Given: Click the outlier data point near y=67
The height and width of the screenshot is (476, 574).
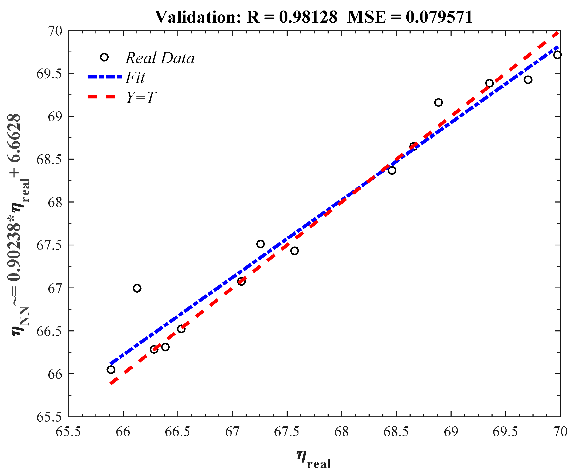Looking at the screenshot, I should (x=137, y=288).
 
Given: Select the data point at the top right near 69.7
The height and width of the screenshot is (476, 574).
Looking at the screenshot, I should (x=557, y=55).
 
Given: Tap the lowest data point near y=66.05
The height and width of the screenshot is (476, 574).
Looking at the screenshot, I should (x=111, y=370).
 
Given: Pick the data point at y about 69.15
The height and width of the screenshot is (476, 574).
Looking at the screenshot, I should (x=438, y=102).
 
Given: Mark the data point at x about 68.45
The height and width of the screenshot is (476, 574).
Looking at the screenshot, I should (x=392, y=170).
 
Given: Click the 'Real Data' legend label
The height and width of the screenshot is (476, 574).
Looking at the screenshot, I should (x=160, y=58).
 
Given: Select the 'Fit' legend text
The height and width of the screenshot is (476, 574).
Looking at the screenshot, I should (x=135, y=78).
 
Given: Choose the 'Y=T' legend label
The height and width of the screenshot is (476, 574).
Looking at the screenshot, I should (x=141, y=97).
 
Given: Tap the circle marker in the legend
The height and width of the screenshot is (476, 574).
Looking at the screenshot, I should (x=104, y=57).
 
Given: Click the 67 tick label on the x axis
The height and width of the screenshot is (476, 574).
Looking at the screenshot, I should (x=232, y=432).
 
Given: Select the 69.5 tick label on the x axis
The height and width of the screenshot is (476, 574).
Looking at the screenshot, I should (x=505, y=432).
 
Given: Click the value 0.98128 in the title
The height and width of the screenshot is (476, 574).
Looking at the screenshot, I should (x=308, y=17).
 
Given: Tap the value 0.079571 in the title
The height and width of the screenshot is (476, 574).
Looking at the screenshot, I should (x=439, y=17).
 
